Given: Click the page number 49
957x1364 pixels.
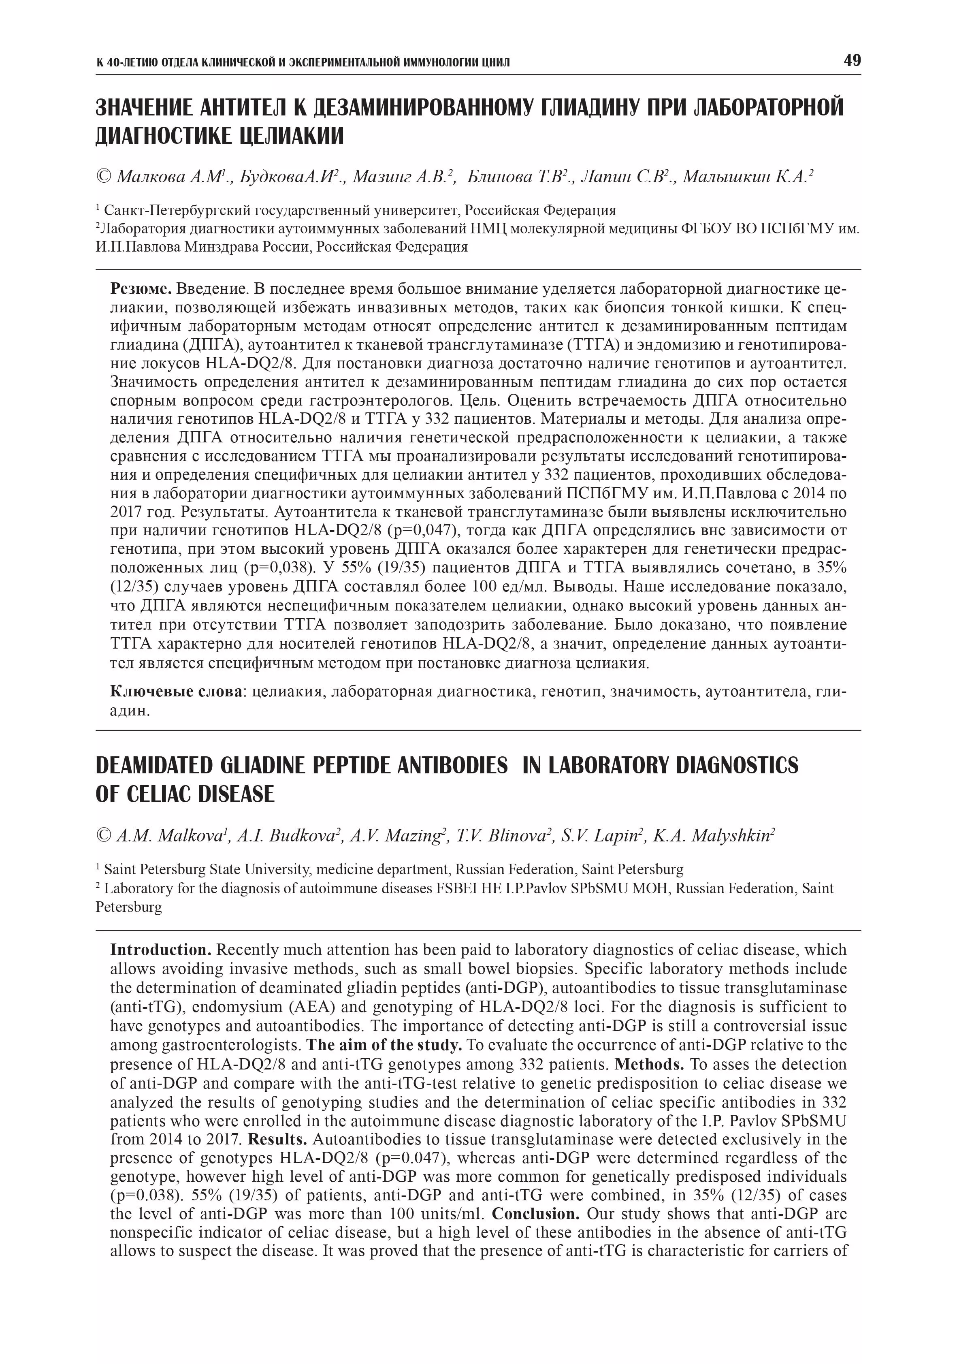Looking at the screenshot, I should coord(851,61).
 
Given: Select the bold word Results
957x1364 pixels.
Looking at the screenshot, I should coord(277,1140).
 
